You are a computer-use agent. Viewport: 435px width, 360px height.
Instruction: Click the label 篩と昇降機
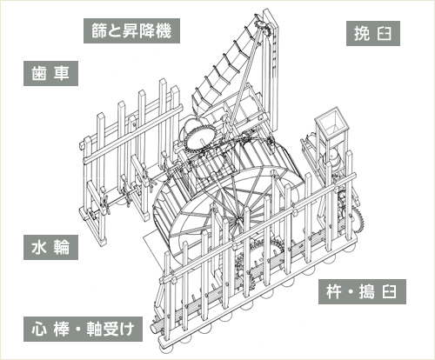131,31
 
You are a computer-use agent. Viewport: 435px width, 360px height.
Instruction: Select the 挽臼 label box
373,33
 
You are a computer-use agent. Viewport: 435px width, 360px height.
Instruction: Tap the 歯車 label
50,73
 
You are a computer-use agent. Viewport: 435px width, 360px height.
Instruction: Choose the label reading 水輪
50,247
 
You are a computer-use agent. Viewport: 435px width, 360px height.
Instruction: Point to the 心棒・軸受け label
83,329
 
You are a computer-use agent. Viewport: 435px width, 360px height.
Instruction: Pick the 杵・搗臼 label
362,291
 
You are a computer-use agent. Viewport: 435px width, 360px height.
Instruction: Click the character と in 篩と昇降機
115,31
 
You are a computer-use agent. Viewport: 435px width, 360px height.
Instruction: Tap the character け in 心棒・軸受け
128,329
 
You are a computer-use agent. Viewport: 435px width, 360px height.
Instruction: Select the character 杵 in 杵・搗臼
333,291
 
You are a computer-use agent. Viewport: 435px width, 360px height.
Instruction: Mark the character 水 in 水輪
39,247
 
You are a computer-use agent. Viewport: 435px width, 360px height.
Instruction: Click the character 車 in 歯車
62,73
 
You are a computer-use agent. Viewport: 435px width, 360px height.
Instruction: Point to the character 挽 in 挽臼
362,33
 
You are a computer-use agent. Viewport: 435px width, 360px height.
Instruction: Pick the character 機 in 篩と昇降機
164,31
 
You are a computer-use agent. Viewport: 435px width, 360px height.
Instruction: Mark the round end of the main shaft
155,328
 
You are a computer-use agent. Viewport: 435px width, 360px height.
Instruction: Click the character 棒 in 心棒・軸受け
62,329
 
